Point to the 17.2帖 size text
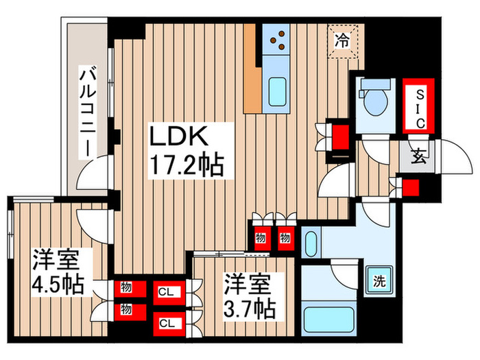[x=187, y=165]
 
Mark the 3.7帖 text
[x=250, y=307]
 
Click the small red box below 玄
[x=411, y=187]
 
